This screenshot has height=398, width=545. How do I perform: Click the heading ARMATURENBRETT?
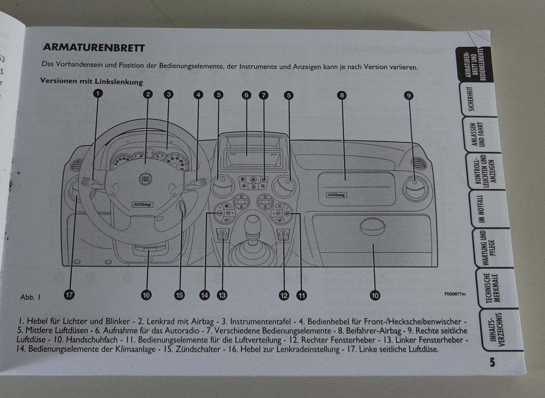[x=94, y=48]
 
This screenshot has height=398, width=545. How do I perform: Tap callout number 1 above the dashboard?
[x=98, y=93]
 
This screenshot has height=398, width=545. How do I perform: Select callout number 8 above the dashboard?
[x=342, y=95]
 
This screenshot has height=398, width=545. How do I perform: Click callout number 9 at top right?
[x=409, y=96]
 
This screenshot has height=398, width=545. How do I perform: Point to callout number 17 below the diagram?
[x=69, y=295]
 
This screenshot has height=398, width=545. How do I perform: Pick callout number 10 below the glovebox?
[x=375, y=295]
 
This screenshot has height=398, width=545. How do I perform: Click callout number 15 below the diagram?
[x=179, y=295]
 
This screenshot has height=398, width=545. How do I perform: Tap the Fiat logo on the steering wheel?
[x=144, y=180]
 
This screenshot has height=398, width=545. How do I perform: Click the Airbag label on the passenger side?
[x=336, y=195]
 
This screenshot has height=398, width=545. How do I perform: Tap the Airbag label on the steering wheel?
[x=142, y=205]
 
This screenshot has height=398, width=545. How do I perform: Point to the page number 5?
[x=493, y=362]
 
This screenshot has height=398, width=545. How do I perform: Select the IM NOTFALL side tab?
[x=480, y=209]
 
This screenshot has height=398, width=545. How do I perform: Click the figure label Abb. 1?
[x=30, y=297]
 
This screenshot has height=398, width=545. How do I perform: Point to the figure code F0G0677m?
[x=454, y=294]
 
